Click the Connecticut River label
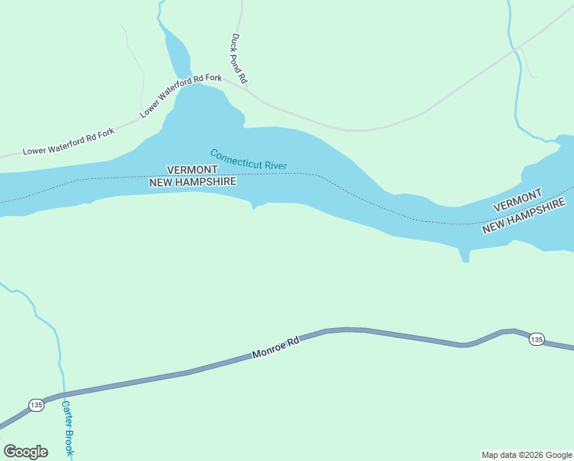[248, 160]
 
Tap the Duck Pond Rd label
[239, 58]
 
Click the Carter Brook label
[68, 428]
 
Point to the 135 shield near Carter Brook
[36, 404]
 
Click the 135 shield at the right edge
[536, 340]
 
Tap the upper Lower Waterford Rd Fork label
[181, 96]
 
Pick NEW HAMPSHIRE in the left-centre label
[193, 182]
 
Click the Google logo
[25, 452]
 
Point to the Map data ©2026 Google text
[527, 455]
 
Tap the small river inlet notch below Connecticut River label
[254, 205]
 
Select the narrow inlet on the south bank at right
[465, 256]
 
